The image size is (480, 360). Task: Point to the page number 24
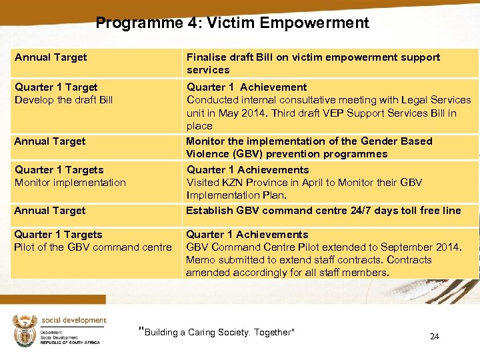click(x=434, y=336)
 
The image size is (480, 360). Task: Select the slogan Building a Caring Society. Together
click(x=217, y=332)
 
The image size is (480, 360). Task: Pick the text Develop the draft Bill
click(x=64, y=100)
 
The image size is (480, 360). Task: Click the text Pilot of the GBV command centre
click(x=93, y=247)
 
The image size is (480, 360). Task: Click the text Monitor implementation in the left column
click(x=70, y=183)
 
